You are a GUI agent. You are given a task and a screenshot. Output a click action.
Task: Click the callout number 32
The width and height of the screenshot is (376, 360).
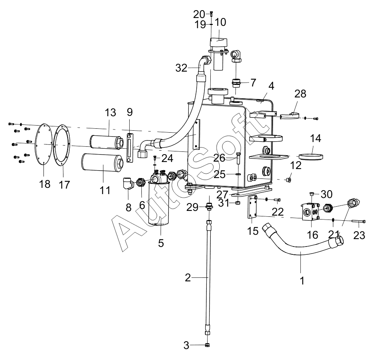[x=181, y=68]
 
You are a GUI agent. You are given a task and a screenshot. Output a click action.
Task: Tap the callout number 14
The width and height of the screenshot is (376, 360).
[x=315, y=138]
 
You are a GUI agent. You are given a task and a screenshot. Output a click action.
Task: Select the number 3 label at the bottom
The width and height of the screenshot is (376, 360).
[x=186, y=346]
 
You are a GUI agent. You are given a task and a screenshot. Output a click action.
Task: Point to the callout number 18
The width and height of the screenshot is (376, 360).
[x=45, y=184]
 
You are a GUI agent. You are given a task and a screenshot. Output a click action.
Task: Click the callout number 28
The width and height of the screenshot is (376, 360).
[x=300, y=94]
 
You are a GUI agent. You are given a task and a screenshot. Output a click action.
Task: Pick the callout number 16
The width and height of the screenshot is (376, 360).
[x=313, y=235]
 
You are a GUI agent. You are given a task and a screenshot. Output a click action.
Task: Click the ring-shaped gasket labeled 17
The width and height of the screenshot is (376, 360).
[x=61, y=145]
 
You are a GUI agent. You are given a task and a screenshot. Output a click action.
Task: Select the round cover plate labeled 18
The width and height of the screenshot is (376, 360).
[x=44, y=144]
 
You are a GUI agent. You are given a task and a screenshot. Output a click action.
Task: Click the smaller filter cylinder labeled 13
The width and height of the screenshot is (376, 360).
[x=107, y=142]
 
